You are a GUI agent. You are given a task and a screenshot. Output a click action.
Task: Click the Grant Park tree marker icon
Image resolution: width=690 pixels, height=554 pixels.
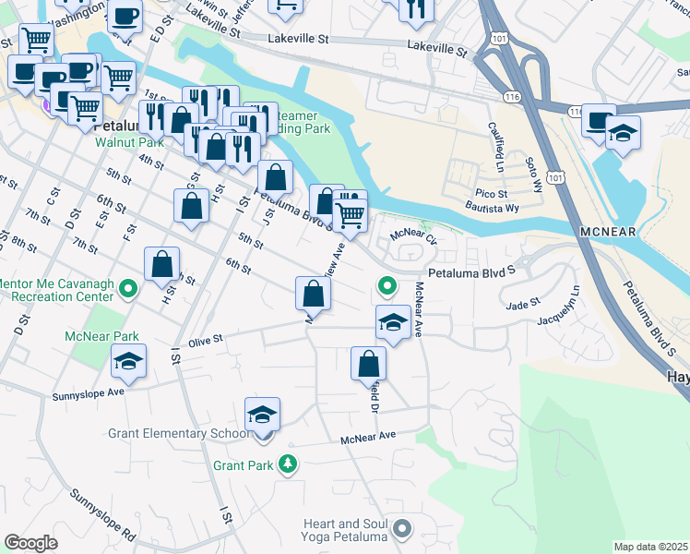[290, 464]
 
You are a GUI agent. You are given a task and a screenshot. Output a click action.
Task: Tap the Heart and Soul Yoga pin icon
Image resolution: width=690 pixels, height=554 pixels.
[401, 529]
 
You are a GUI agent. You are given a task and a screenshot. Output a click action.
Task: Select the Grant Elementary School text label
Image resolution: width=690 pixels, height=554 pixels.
[178, 433]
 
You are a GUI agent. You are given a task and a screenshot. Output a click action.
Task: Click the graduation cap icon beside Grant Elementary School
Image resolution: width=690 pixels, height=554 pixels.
[262, 415]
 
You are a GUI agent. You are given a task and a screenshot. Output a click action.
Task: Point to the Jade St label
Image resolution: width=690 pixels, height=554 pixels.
[522, 304]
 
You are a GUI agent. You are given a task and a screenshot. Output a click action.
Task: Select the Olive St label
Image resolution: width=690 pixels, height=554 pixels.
[206, 340]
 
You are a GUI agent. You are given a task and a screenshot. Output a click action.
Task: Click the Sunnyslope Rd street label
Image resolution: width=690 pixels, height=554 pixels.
[102, 522]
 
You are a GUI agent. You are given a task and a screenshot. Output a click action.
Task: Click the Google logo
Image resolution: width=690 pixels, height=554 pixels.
[31, 542]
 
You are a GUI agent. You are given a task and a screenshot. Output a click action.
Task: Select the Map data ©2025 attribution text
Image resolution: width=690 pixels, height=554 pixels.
[651, 547]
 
